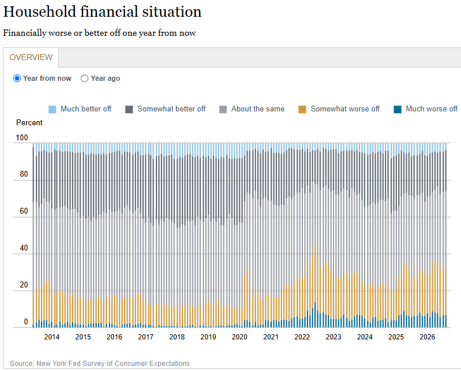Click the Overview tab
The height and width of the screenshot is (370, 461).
click(31, 57)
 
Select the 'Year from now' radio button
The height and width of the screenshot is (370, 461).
click(17, 79)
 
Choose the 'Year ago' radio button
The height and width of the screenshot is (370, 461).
click(84, 79)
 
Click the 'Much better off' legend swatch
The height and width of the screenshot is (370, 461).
click(52, 109)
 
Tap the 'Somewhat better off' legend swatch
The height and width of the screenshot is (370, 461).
click(129, 109)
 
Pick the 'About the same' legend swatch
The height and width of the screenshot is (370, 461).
click(223, 109)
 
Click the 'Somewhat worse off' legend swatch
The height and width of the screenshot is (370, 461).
click(302, 109)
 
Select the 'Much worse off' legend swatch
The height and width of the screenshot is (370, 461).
click(398, 109)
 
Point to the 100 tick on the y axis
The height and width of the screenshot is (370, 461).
click(22, 137)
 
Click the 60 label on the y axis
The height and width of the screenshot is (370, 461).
click(24, 211)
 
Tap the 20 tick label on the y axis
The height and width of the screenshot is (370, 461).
click(24, 285)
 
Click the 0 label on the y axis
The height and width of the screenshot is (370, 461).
click(26, 322)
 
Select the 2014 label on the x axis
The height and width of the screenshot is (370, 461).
click(52, 337)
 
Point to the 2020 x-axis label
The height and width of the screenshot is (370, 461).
click(239, 337)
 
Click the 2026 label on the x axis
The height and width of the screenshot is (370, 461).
click(427, 337)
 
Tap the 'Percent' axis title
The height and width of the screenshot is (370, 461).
click(29, 122)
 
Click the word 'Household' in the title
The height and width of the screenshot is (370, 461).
click(40, 12)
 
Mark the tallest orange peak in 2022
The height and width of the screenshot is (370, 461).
click(315, 246)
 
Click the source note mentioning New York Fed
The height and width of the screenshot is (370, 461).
click(100, 364)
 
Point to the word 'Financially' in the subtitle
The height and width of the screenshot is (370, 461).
click(25, 33)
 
